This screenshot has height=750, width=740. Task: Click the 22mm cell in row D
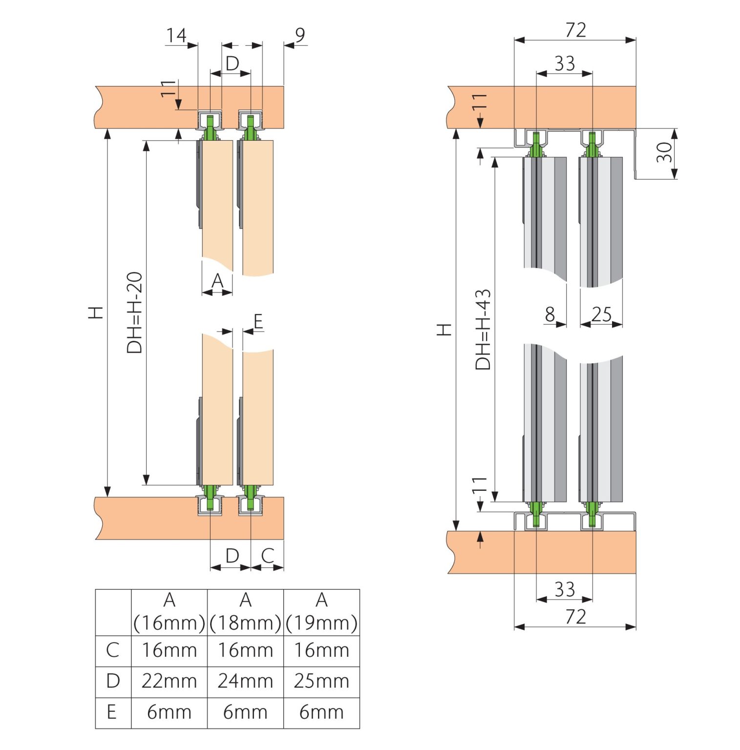click(x=169, y=681)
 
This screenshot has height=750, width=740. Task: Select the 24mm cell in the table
click(x=245, y=681)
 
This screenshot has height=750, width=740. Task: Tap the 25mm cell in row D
click(x=321, y=681)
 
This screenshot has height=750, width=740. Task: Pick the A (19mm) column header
click(x=321, y=612)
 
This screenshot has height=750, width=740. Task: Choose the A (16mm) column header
click(x=169, y=612)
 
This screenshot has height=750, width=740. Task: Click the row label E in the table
click(x=112, y=712)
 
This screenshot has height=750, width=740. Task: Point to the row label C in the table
click(x=112, y=650)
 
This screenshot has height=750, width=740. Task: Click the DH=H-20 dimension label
click(x=134, y=312)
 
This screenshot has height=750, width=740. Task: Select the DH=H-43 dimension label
click(x=483, y=330)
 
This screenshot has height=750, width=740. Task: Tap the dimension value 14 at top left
click(x=176, y=35)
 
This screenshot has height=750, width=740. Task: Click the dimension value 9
click(x=300, y=35)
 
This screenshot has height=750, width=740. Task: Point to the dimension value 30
click(x=664, y=152)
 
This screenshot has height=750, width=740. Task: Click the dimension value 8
click(x=550, y=314)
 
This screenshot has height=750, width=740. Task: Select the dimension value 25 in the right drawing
click(x=601, y=314)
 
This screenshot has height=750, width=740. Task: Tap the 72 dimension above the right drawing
click(x=575, y=30)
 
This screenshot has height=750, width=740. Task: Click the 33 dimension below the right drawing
click(x=565, y=589)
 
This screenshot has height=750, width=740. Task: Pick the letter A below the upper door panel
click(x=217, y=281)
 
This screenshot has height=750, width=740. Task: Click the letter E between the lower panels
click(x=258, y=321)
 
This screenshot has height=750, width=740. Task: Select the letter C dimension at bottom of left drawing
click(x=267, y=556)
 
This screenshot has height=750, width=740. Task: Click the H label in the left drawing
click(x=96, y=312)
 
